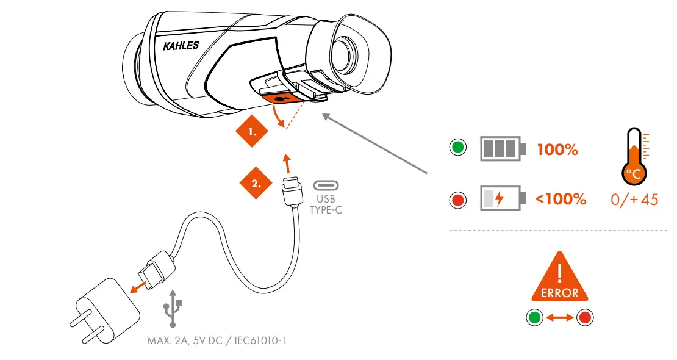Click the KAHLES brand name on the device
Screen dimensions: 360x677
click(x=181, y=46)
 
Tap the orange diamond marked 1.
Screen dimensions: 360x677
click(x=252, y=131)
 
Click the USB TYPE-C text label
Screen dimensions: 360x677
click(x=326, y=204)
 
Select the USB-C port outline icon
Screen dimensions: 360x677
click(x=326, y=185)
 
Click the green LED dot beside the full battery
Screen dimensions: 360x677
click(x=457, y=148)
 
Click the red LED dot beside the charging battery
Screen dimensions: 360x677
click(x=457, y=199)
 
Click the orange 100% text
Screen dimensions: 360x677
click(x=557, y=149)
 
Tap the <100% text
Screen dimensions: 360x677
click(x=560, y=199)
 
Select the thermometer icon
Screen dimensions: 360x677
click(x=634, y=156)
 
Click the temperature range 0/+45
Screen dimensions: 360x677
click(x=634, y=200)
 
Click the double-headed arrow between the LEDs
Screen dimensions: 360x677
click(x=560, y=317)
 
